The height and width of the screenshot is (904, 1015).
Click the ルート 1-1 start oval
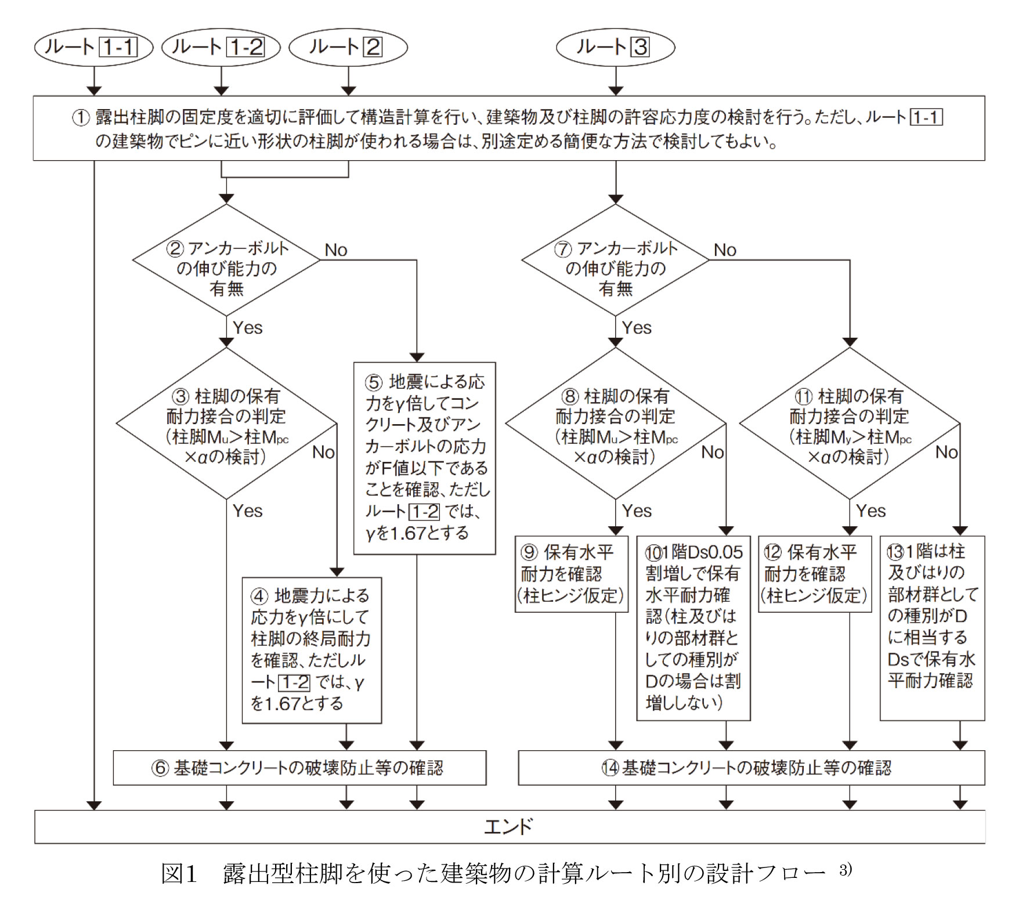point(93,47)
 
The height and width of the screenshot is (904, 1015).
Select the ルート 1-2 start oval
point(221,47)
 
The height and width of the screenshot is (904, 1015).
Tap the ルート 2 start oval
point(348,47)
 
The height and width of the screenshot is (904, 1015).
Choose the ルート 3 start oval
point(615,47)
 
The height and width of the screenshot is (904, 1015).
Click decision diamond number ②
point(226,261)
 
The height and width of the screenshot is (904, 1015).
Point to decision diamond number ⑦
point(615,261)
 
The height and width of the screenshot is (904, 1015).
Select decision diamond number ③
point(226,424)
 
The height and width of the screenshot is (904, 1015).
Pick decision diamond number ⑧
point(615,424)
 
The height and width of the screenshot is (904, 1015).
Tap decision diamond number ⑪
point(850,424)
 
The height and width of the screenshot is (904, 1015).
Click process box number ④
point(312,650)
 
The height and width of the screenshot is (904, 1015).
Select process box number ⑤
point(424,458)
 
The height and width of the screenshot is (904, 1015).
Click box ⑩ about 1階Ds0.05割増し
point(693,628)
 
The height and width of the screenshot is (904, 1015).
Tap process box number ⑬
point(932,628)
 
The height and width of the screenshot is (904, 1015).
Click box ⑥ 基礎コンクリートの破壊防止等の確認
point(299,768)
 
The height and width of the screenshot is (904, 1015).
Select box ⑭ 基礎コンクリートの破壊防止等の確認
point(751,768)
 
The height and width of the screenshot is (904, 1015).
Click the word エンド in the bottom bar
point(508,826)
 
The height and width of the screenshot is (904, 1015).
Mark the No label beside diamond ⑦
point(725,250)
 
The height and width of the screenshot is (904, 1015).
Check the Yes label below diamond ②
point(248,328)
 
